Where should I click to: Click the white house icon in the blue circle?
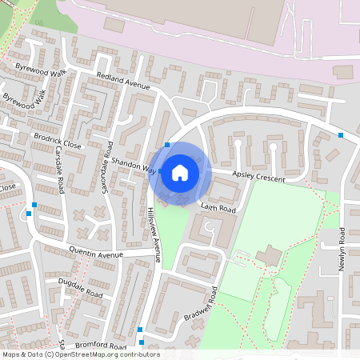pyautogui.click(x=180, y=173)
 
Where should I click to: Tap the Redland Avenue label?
pyautogui.click(x=123, y=85)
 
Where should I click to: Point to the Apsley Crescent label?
pyautogui.click(x=258, y=176)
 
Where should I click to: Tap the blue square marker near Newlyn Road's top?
pyautogui.click(x=342, y=136)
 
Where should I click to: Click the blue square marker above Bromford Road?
pyautogui.click(x=140, y=330)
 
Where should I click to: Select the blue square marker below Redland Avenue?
pyautogui.click(x=166, y=145)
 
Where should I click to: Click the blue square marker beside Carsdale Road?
pyautogui.click(x=29, y=214)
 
